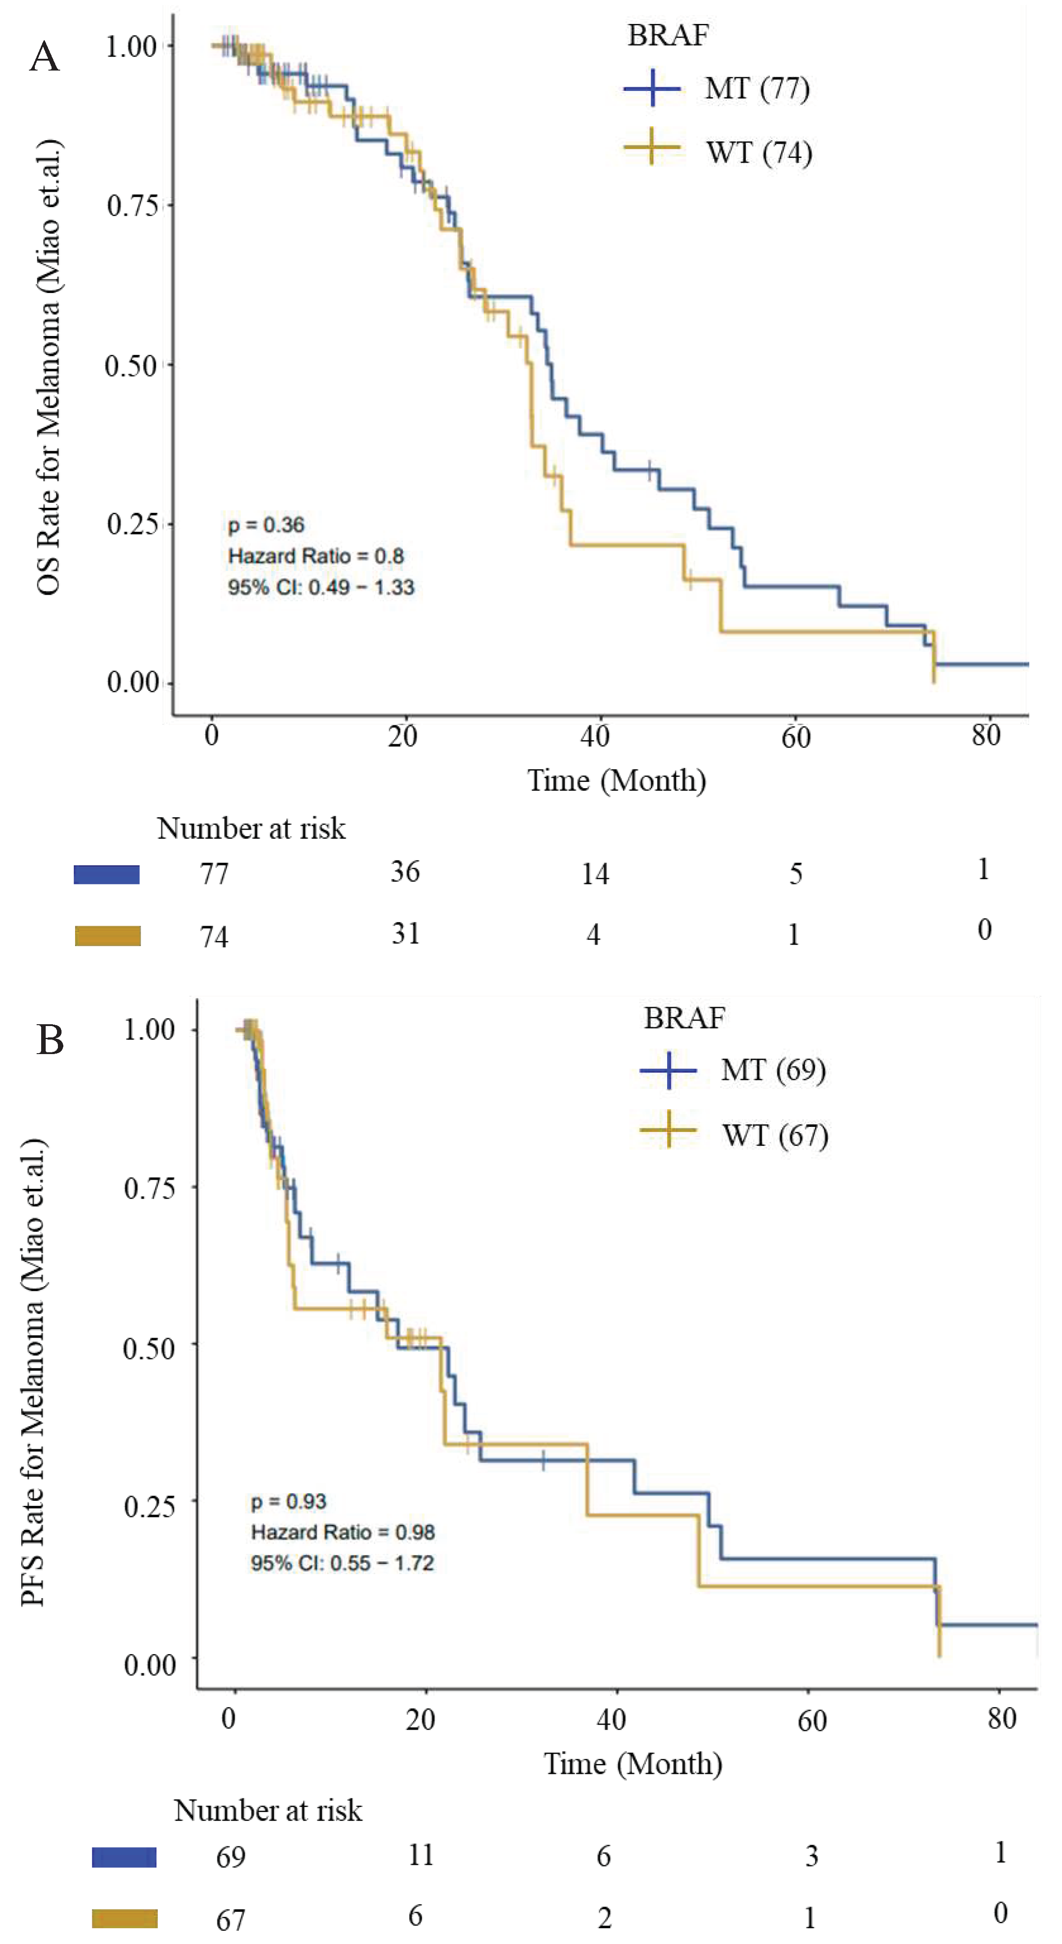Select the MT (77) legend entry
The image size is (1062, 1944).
coord(756,89)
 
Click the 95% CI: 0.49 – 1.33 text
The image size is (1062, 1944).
coord(321,587)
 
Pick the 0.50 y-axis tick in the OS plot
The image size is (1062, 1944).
coord(130,366)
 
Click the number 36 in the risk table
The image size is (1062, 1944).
coord(404,872)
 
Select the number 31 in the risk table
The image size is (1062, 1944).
coord(405,934)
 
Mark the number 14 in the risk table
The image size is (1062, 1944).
coord(595,874)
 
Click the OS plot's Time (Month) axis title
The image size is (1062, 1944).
coord(616,781)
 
